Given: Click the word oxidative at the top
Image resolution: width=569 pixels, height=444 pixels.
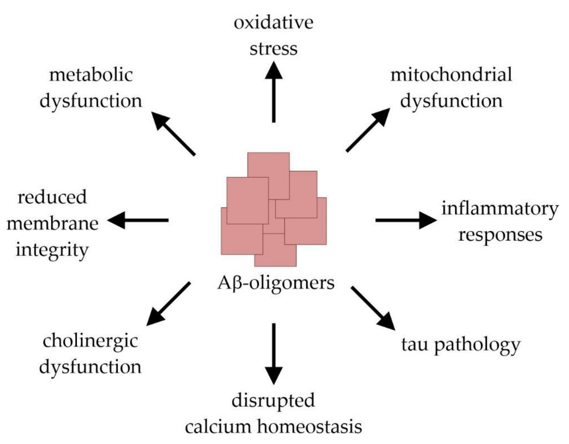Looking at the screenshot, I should (273, 23).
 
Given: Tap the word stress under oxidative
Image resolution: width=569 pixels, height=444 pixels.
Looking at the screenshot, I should (273, 49).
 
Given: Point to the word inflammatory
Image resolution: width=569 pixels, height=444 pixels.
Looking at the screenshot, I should (500, 209).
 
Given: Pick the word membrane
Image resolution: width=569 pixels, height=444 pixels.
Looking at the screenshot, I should (52, 224).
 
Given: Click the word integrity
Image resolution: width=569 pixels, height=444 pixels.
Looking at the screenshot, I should (52, 250).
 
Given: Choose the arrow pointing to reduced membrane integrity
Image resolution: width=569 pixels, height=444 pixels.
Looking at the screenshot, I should (138, 220).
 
